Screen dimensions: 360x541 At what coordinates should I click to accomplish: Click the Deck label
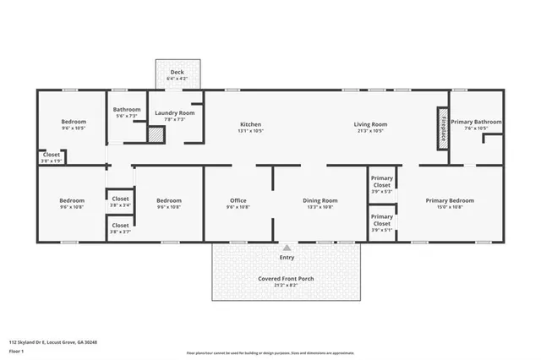point(177,73)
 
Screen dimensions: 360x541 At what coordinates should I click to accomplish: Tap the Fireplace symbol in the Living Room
point(440,128)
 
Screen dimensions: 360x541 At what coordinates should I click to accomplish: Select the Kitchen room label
point(250,124)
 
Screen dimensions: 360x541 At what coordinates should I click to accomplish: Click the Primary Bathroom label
point(475,122)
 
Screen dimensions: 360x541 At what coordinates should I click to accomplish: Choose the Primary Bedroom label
point(449,200)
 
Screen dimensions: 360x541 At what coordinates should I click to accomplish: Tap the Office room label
point(238,200)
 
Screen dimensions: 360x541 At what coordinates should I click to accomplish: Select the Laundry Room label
point(174,112)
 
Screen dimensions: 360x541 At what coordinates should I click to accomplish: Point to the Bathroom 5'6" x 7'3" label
point(127,109)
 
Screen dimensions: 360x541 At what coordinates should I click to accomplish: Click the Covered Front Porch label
point(287,278)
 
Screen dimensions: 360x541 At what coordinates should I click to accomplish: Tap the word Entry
point(287,257)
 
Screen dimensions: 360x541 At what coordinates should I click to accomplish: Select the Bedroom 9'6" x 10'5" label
point(74,122)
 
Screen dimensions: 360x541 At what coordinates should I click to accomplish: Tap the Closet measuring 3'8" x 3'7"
point(120,226)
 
